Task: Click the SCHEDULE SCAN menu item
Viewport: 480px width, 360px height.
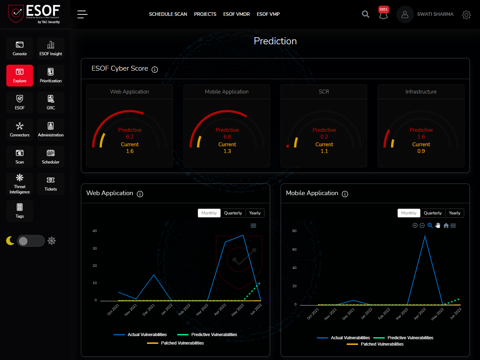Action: click(x=168, y=14)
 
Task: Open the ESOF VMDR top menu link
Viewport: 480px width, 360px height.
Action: click(x=236, y=14)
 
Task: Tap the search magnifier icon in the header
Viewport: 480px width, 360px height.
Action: click(x=366, y=14)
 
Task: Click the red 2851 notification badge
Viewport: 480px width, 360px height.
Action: click(x=383, y=9)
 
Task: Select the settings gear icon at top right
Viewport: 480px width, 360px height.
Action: click(x=466, y=14)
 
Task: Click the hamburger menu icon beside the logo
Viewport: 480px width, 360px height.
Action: click(x=82, y=14)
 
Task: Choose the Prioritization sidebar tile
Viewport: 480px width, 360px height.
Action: click(x=51, y=76)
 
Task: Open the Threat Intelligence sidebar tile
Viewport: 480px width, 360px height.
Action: click(x=20, y=184)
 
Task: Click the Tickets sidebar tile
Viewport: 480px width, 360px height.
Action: click(x=51, y=184)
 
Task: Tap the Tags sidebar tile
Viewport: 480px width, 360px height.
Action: click(x=20, y=211)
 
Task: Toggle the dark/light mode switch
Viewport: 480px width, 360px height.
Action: click(x=31, y=241)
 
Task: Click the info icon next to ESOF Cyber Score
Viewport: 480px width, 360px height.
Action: click(x=155, y=70)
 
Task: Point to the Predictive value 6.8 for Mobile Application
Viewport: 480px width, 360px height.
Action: click(x=227, y=137)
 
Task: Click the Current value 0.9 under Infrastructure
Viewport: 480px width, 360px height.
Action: click(x=421, y=151)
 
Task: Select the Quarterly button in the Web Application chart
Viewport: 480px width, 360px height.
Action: click(x=233, y=213)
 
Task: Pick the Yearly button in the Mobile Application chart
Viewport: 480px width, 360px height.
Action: click(x=454, y=213)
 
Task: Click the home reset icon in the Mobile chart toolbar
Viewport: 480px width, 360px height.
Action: click(x=446, y=226)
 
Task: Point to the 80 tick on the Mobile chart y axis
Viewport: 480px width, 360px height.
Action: click(x=294, y=231)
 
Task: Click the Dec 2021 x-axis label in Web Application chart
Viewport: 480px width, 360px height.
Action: click(x=149, y=310)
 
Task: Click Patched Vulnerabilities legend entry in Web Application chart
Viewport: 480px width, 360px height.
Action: click(x=182, y=343)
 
